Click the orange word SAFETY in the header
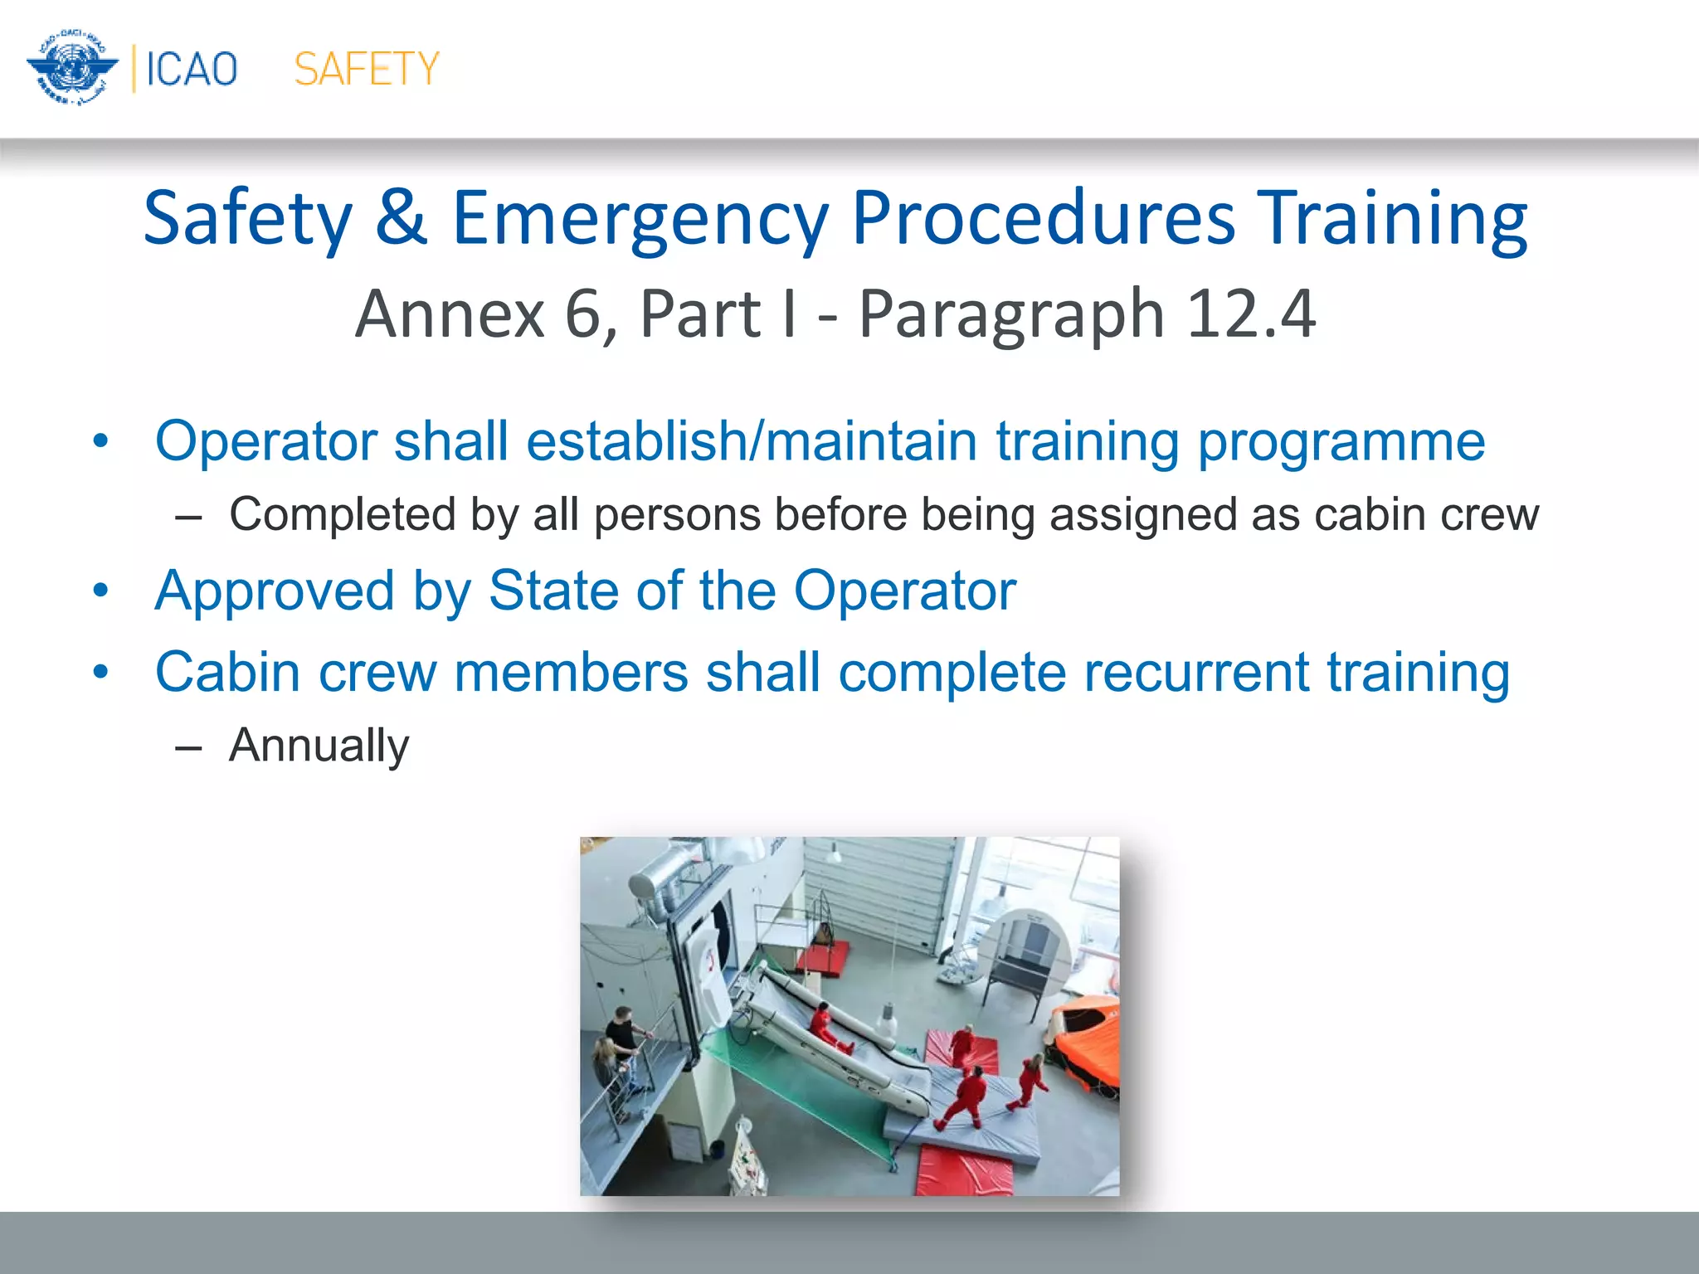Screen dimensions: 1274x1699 [366, 69]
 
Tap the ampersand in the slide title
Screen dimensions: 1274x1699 [401, 217]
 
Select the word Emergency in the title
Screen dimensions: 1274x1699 [640, 217]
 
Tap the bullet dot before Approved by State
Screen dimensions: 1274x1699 [101, 591]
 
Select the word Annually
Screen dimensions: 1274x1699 [319, 745]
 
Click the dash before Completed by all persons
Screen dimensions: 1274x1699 [189, 517]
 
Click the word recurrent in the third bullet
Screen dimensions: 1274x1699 [1195, 671]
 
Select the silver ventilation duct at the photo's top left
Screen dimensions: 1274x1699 [664, 879]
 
